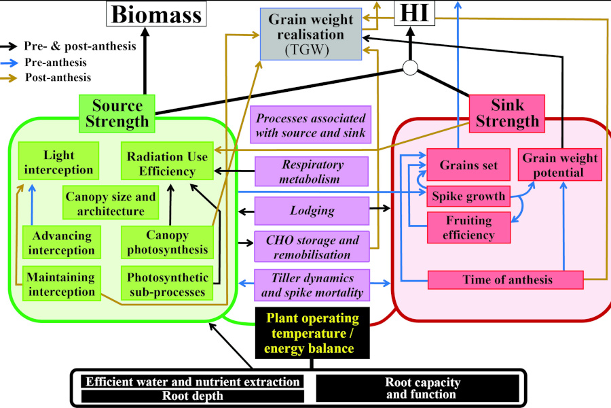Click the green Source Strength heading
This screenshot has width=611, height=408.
tap(117, 113)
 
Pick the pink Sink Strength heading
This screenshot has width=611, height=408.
tap(506, 112)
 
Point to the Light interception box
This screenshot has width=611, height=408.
tap(59, 162)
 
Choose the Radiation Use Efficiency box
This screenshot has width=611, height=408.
tap(167, 163)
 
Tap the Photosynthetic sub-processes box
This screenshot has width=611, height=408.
tap(167, 284)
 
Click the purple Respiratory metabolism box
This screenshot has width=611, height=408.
tap(312, 171)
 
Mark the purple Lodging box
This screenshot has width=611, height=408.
tap(312, 211)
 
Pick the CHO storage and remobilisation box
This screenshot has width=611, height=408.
tap(312, 248)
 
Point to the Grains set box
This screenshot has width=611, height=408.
tap(468, 165)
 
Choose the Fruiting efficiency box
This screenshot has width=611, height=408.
tap(468, 227)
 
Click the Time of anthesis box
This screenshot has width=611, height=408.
tap(506, 279)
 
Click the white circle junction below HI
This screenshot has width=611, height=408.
tap(410, 67)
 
